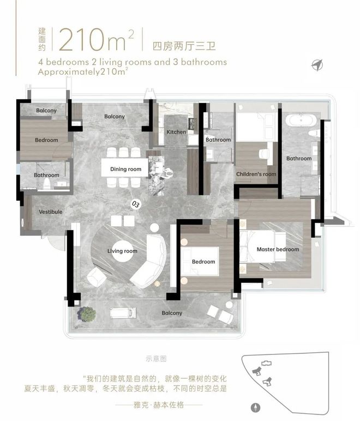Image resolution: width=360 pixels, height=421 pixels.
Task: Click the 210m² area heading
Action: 97,40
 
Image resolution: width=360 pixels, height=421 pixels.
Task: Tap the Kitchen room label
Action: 176,132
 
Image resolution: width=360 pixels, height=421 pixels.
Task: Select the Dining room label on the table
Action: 125,169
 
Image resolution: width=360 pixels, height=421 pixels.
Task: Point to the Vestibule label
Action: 51,212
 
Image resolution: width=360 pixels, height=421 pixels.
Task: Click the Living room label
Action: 122,251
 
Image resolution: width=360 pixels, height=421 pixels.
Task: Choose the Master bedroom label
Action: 278,249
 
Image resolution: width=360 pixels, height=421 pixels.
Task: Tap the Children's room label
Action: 256,174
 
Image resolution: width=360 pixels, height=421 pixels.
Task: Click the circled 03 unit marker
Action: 136,205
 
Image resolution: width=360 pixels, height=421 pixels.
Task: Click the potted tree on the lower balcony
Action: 86,314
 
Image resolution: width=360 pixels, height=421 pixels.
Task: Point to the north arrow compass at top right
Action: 317,65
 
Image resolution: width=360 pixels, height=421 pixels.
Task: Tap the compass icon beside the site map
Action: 256,407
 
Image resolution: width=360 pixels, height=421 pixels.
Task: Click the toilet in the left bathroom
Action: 47,184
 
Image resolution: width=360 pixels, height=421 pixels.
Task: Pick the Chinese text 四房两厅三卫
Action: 184,46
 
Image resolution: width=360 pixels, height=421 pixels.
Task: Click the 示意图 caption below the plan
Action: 156,359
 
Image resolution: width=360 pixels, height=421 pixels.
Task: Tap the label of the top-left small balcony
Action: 46,110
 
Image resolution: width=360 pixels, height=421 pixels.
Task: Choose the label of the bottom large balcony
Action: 172,313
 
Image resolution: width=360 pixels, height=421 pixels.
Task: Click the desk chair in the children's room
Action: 263,154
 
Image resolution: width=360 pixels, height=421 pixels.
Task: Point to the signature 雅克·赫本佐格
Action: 159,405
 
